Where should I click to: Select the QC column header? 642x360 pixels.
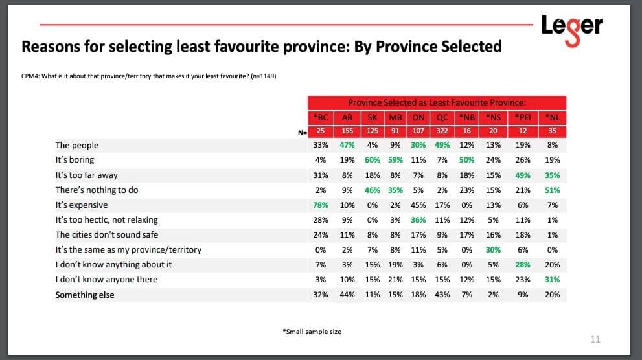coord(443,118)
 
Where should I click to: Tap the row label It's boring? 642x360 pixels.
coord(75,159)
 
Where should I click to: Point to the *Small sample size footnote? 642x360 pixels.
coord(312,332)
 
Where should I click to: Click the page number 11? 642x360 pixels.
coord(595,339)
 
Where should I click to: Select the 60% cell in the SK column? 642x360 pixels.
coord(371,160)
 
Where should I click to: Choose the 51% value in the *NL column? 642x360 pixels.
coord(553,190)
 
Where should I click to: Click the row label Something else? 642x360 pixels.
coord(84,295)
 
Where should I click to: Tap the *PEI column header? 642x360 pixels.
coord(522,118)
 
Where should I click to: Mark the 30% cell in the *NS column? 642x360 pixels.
coord(494,249)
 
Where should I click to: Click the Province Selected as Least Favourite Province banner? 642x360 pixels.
coord(437,103)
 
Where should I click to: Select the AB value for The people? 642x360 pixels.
coord(347,145)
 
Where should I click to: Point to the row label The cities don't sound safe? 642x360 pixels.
coord(106,234)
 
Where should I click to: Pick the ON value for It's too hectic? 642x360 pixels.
coord(418,219)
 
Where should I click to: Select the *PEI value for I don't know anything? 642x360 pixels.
coord(522,264)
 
